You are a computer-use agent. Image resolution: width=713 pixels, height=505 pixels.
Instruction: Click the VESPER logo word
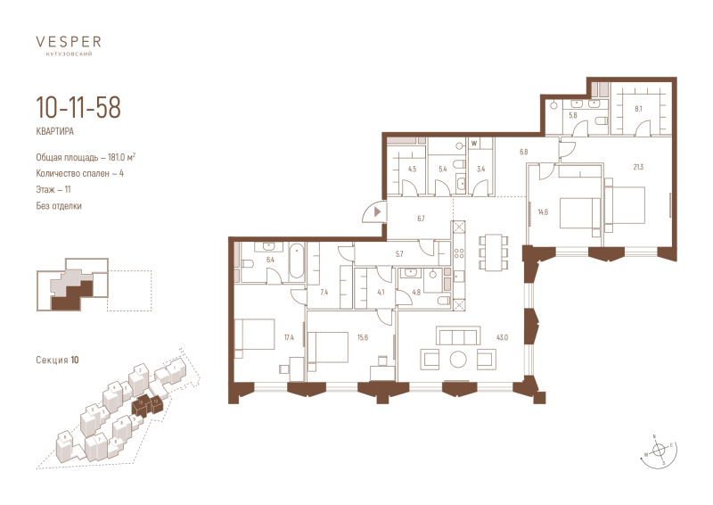(x=68, y=40)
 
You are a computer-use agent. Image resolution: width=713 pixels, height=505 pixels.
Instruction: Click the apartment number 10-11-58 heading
(x=78, y=109)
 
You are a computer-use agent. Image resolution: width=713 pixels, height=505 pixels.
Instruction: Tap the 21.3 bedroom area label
(x=637, y=167)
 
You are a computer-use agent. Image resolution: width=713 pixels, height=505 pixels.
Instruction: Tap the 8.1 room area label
(x=637, y=109)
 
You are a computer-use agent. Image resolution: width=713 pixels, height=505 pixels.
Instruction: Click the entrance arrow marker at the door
(x=378, y=211)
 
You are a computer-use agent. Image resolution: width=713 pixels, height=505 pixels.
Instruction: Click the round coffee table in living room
(x=458, y=360)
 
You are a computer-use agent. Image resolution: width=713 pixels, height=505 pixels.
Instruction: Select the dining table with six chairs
(x=491, y=252)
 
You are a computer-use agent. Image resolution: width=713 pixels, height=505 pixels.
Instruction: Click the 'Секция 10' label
(x=57, y=360)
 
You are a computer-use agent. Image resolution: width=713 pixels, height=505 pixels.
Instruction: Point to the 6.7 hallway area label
(x=422, y=217)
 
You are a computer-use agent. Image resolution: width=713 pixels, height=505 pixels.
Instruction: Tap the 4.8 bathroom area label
(x=415, y=292)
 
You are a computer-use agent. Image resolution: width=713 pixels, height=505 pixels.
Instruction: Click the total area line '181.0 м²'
(x=86, y=158)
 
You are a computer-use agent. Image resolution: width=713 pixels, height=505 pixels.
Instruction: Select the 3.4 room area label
(x=480, y=168)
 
